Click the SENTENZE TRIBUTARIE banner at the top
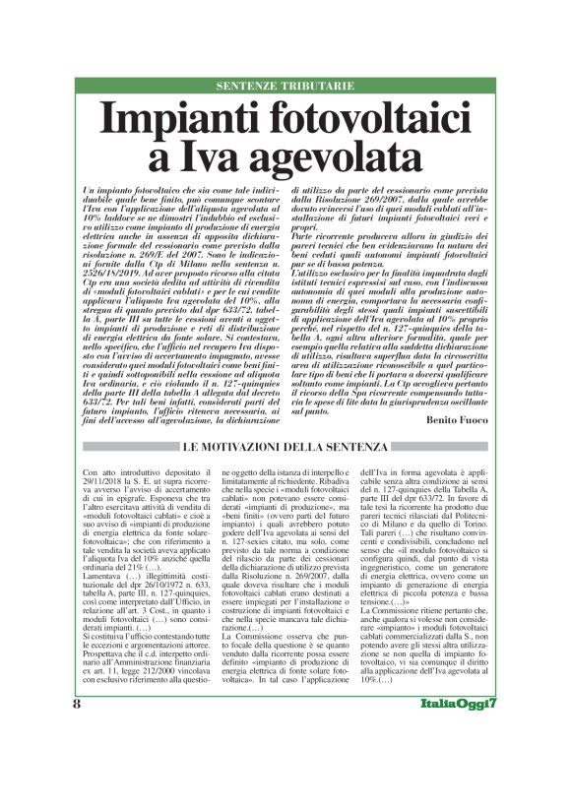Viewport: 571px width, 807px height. click(285, 86)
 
